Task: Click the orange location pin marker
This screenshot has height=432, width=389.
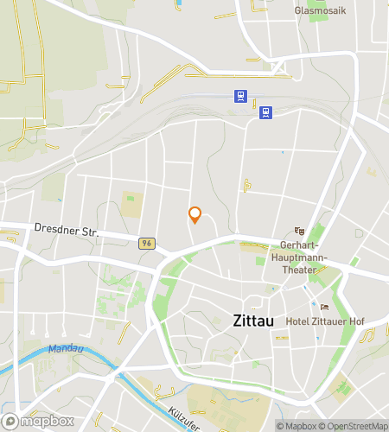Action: point(194,215)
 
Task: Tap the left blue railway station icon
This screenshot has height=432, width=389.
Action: point(239,96)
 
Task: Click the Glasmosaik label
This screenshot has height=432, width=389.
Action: point(320,11)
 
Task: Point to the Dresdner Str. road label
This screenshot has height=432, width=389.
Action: point(67,231)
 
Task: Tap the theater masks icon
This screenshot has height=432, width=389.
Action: point(300,231)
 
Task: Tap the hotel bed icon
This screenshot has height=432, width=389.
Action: point(324,307)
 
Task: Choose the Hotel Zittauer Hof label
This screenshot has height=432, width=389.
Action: point(326,321)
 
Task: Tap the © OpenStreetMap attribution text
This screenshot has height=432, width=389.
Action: point(354,426)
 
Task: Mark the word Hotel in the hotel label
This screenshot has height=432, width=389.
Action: point(299,321)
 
